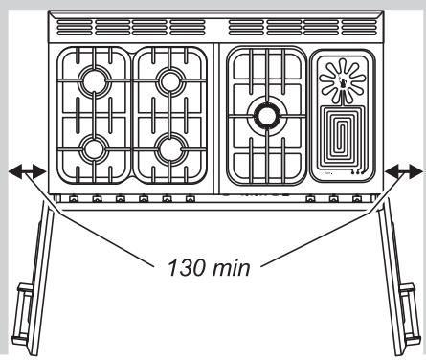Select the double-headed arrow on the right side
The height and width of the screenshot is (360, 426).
pyautogui.click(x=402, y=171)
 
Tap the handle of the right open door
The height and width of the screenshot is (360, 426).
pyautogui.click(x=417, y=299)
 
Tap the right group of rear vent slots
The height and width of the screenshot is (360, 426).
pyautogui.click(x=302, y=24)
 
